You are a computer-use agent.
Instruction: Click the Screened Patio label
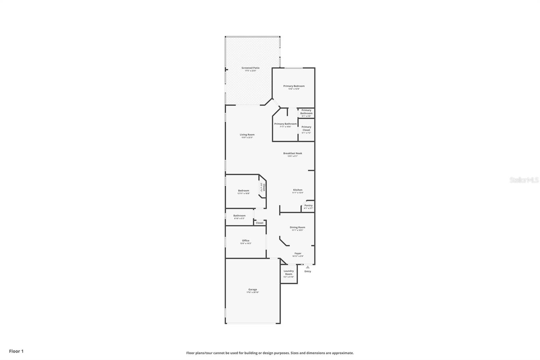250,68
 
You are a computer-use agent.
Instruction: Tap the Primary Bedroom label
294,86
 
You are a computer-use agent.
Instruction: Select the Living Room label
247,135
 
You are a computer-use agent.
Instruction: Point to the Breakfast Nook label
293,153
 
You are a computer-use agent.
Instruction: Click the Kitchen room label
298,190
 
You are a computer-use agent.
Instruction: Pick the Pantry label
308,205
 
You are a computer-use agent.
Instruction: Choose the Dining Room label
297,227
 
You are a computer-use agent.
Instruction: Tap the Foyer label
298,253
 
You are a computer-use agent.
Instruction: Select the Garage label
253,289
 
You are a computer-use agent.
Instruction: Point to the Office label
246,241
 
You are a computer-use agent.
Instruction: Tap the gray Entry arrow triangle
308,267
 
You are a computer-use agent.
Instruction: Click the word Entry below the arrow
308,271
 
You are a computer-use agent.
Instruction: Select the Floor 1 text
16,351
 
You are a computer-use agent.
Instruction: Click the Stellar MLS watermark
524,180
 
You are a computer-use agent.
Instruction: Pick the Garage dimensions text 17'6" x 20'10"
253,292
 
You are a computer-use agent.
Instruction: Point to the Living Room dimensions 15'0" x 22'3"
247,137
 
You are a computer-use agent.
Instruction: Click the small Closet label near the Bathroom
260,223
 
